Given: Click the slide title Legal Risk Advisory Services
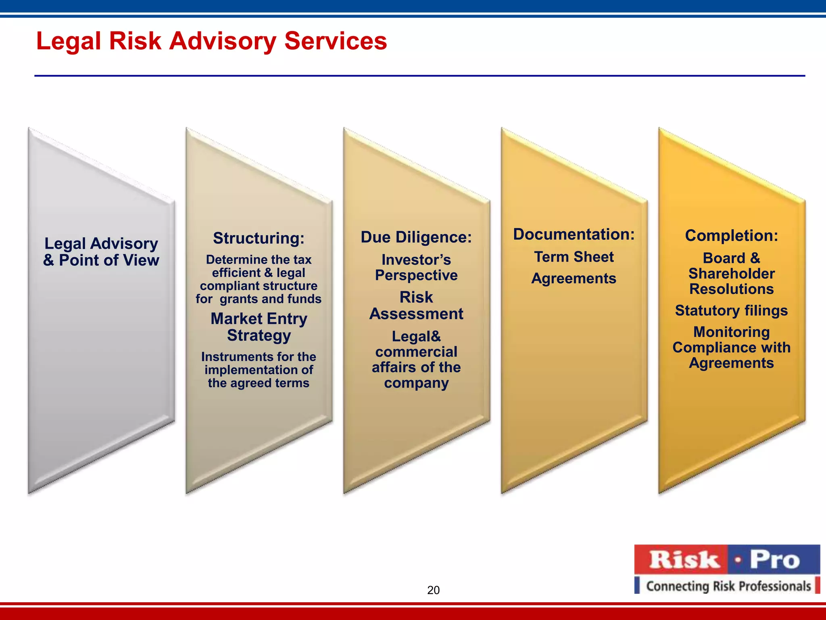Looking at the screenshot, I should [211, 41].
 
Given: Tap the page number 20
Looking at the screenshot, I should [433, 590].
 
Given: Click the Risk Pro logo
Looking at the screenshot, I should [727, 560].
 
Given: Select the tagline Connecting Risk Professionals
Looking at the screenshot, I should [728, 586].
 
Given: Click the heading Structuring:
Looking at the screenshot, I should [259, 238].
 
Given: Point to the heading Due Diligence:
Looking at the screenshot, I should [416, 237].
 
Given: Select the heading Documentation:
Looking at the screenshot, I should [574, 234].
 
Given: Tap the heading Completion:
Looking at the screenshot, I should [731, 236].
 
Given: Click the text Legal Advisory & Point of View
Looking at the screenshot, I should [101, 252].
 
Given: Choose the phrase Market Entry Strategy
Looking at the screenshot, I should [259, 327].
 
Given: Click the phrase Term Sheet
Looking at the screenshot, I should [574, 257].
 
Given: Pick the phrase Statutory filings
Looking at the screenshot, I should [731, 310].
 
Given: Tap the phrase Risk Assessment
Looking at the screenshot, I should [416, 306].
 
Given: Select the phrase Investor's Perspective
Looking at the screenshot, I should [416, 267].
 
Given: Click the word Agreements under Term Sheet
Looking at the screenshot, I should [574, 279].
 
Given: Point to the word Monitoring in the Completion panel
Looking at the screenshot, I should [731, 332].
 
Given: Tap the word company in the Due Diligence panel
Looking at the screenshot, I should [416, 383].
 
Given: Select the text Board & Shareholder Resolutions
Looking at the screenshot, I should [731, 274].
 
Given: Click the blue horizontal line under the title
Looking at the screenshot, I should [419, 75].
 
